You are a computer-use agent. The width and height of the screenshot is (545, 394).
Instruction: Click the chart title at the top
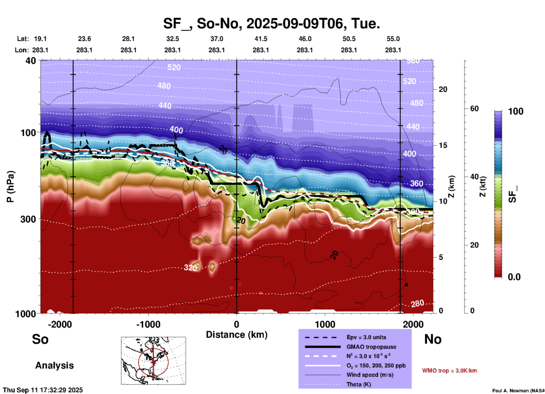click(271, 23)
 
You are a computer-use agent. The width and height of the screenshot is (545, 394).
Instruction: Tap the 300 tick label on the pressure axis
click(28, 219)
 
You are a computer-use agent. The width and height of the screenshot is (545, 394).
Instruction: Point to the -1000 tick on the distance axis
click(148, 324)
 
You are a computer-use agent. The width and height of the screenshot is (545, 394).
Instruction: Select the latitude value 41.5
click(261, 39)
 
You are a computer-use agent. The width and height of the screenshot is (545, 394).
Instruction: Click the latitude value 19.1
click(40, 39)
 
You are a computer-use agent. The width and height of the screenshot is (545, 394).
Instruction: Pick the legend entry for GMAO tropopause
click(371, 347)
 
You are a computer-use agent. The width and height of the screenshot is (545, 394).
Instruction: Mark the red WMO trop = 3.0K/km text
click(449, 371)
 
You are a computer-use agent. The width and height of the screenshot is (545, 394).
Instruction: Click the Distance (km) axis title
click(237, 335)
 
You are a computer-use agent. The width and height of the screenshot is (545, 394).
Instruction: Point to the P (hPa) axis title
click(10, 187)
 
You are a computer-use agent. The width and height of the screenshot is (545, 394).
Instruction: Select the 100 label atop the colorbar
click(516, 111)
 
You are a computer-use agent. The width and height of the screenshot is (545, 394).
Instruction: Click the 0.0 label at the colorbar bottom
click(514, 277)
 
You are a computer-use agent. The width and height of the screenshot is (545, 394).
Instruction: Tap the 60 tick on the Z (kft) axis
click(474, 109)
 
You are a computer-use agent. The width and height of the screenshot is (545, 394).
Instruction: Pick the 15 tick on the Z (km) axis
click(443, 145)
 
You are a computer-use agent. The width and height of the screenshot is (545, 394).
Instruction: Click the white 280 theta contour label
click(417, 304)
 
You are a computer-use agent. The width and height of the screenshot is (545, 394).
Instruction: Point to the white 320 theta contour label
click(190, 268)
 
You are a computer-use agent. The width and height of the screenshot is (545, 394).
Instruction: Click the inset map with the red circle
click(153, 360)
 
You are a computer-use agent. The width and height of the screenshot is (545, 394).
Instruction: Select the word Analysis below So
click(54, 365)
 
